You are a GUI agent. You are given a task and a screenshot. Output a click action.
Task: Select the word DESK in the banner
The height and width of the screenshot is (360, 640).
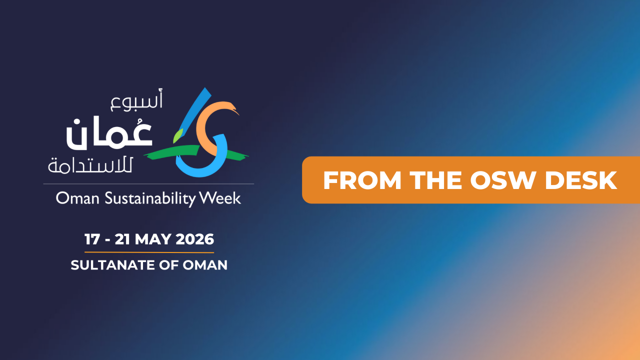[580, 180]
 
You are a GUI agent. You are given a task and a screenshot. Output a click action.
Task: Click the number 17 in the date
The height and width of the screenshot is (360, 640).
[92, 239]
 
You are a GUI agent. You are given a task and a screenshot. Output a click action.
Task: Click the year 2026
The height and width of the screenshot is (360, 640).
[195, 239]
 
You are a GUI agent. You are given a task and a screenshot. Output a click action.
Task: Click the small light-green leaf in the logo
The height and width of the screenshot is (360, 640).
[176, 134]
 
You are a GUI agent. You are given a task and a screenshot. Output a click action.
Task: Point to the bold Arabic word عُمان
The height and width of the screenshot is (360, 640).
[109, 132]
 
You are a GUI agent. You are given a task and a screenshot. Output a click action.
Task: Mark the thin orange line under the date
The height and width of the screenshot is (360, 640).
[149, 252]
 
